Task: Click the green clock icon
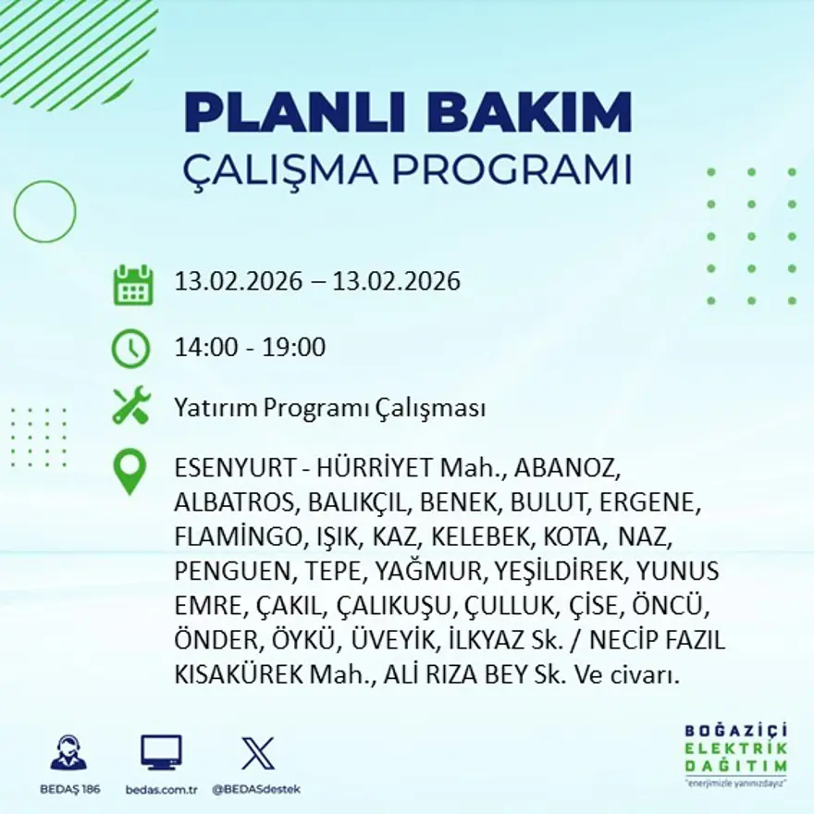(x=130, y=348)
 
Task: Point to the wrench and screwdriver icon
(x=130, y=406)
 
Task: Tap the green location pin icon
(x=129, y=471)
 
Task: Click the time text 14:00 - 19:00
(x=250, y=348)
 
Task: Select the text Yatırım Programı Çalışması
(x=330, y=408)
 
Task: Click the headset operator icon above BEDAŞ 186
(x=68, y=752)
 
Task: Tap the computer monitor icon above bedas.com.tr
(x=161, y=752)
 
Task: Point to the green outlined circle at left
(x=44, y=211)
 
